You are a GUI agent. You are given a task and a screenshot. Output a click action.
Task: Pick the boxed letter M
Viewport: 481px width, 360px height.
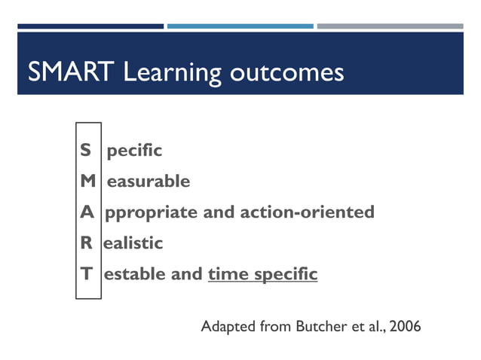tap(87, 182)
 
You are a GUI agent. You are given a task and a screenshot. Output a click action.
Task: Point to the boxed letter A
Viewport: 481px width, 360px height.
tap(87, 212)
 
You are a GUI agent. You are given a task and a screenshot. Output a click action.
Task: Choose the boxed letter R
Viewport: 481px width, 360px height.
tap(87, 243)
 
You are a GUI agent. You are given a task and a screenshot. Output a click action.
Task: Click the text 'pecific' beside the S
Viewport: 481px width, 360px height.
tap(134, 151)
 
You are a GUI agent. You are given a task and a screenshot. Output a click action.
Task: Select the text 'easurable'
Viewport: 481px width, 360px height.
tap(149, 182)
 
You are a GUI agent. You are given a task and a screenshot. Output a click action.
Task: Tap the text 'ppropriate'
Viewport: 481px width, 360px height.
tap(152, 213)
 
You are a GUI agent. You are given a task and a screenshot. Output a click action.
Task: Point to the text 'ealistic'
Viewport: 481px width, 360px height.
tap(133, 243)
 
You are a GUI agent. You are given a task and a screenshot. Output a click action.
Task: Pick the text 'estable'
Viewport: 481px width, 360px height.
tap(135, 274)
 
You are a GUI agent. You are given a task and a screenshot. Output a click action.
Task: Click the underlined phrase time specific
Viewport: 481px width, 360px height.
tap(262, 274)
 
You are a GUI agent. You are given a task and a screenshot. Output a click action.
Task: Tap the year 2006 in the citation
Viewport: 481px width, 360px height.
tap(403, 327)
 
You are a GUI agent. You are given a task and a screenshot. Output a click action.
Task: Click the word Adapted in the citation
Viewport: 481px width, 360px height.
tap(228, 328)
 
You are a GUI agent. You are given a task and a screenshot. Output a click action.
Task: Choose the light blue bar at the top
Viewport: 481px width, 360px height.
tap(240, 26)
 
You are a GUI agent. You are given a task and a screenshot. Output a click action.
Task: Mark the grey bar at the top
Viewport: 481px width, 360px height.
tap(390, 26)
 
